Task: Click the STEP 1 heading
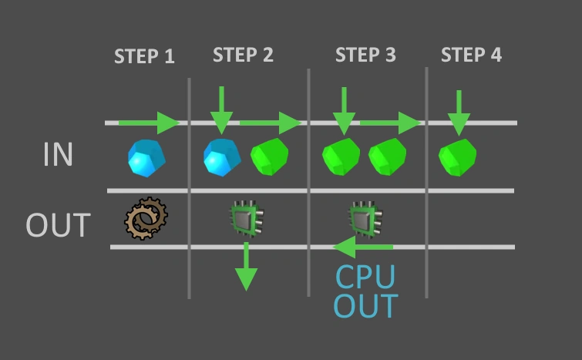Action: coord(144,56)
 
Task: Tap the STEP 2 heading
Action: coord(243,55)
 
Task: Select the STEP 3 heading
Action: coord(365,55)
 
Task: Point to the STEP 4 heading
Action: coord(471,55)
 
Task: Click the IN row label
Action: coord(58,155)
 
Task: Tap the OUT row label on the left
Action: coord(59,225)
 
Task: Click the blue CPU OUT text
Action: coord(365,291)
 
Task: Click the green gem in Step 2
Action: coord(268,157)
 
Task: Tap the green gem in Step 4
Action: coord(456,157)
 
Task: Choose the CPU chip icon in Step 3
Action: coord(366,219)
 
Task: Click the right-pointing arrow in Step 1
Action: coord(150,122)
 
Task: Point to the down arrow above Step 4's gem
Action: coord(458,112)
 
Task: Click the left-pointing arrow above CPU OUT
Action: coord(362,247)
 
